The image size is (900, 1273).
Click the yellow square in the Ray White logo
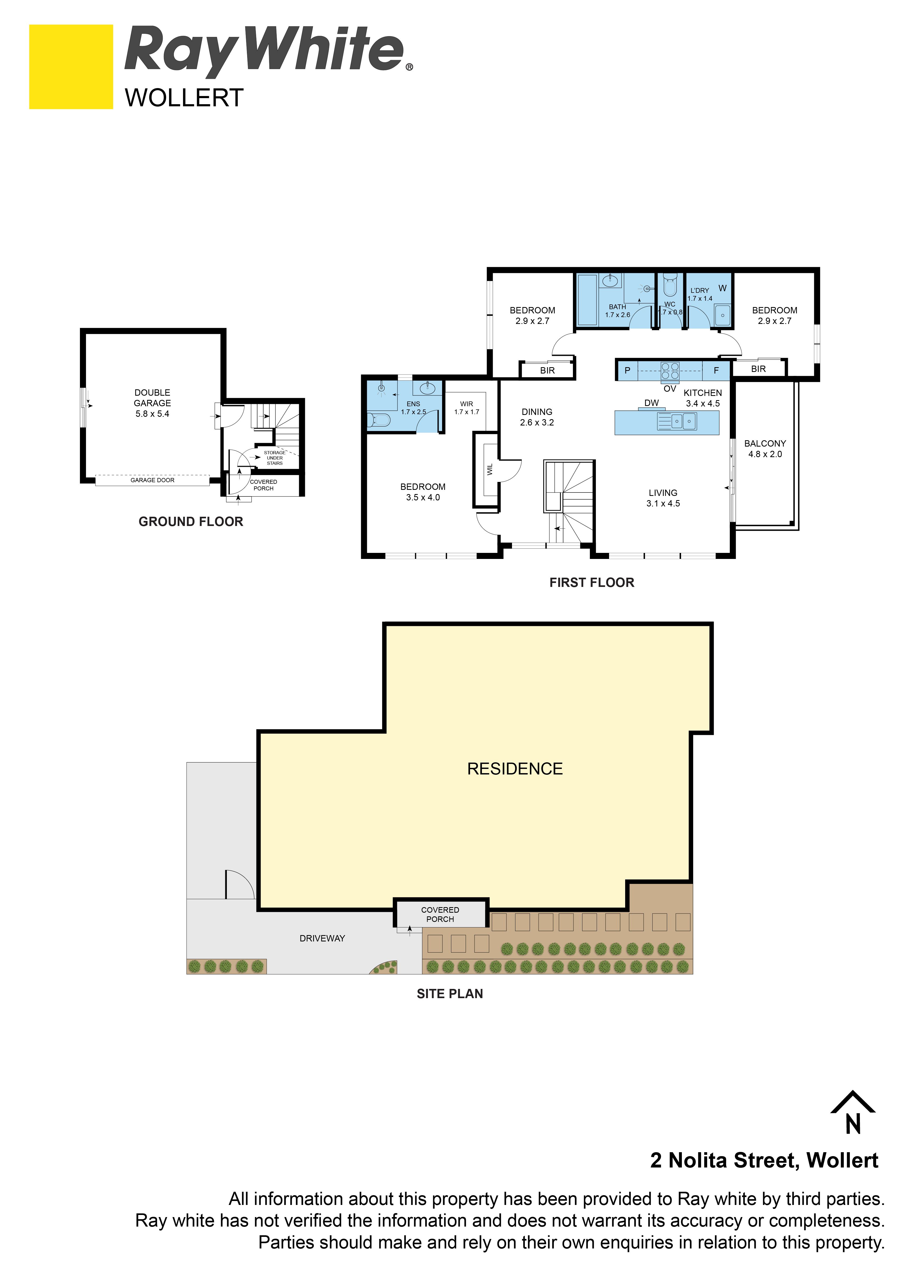(71, 66)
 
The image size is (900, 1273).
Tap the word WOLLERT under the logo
(184, 98)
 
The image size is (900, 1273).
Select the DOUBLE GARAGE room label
(152, 403)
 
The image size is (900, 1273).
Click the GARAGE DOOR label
(152, 480)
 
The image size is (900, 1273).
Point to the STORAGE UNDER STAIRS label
(275, 458)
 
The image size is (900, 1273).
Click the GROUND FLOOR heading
(191, 522)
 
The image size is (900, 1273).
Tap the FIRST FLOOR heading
(592, 583)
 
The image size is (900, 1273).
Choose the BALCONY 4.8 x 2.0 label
(765, 448)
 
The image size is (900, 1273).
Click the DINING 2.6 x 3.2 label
(537, 417)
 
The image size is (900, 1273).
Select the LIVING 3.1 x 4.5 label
(663, 498)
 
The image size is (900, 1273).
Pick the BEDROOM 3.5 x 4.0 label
(423, 492)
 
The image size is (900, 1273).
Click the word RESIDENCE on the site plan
(515, 769)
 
